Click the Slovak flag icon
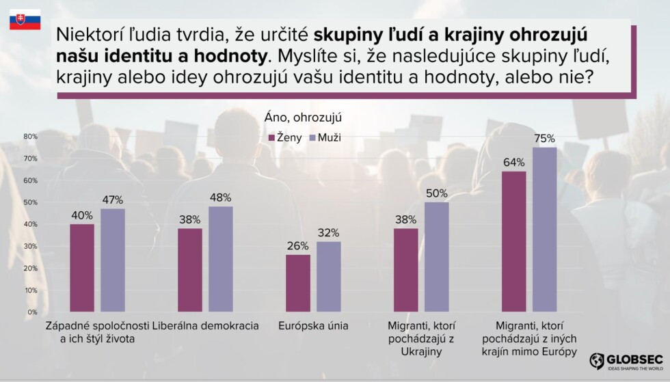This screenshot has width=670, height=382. click(x=25, y=20)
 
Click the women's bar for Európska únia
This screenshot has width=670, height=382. click(x=297, y=283)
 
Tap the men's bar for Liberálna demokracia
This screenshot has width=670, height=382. click(x=220, y=259)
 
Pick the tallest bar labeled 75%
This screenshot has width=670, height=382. click(x=544, y=230)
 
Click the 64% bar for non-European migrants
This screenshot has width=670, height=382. click(x=514, y=241)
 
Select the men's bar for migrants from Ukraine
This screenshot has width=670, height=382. click(x=436, y=257)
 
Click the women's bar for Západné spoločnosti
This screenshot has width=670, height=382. click(x=82, y=268)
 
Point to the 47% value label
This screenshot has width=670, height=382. click(x=112, y=200)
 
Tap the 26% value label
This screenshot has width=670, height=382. click(x=297, y=246)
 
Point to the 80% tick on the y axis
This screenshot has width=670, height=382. click(x=30, y=137)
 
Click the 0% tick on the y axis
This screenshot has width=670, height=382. click(x=31, y=312)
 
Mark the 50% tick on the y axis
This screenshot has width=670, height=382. click(x=30, y=202)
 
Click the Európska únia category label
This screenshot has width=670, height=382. click(x=313, y=326)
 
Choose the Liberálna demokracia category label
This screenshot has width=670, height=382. click(x=206, y=326)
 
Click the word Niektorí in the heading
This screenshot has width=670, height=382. click(x=87, y=34)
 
